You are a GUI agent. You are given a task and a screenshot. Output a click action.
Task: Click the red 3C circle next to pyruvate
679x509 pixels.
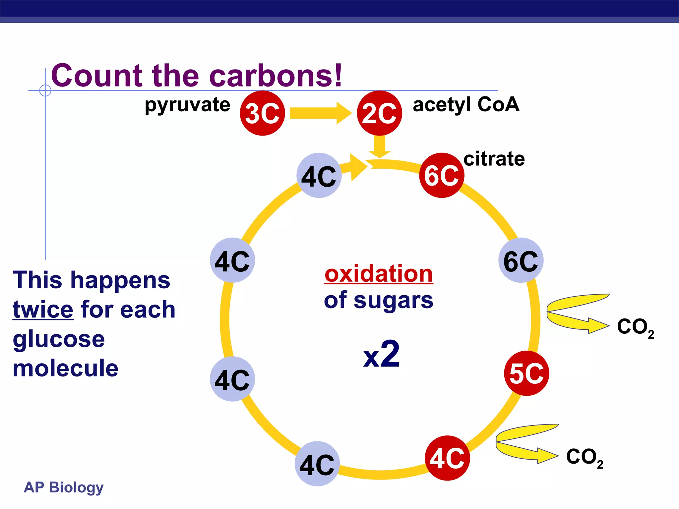[x=262, y=113]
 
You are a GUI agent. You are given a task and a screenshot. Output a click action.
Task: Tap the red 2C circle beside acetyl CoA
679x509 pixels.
[x=379, y=113]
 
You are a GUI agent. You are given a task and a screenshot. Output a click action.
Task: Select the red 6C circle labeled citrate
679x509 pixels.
[x=442, y=175]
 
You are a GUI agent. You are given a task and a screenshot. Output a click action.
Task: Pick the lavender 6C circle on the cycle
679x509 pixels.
[x=521, y=260]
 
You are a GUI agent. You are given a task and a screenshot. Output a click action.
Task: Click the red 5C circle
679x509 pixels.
[x=526, y=373]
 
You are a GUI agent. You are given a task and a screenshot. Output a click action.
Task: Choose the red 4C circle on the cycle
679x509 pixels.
[x=447, y=458]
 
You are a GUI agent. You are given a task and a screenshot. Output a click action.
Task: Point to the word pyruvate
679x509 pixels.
[x=187, y=105]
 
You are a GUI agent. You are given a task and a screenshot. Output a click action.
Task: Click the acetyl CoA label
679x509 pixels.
[x=466, y=104]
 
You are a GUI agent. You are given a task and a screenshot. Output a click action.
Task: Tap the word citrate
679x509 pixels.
[x=494, y=159]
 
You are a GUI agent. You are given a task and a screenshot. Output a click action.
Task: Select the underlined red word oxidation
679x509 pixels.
[x=379, y=274]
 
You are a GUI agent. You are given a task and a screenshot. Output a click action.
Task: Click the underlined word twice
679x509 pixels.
[x=43, y=310]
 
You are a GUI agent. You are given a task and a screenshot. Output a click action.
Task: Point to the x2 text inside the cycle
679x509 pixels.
[x=381, y=355]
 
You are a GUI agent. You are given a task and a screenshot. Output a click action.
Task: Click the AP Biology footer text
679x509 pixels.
[x=64, y=487]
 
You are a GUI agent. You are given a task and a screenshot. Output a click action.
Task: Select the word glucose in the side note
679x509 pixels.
[x=59, y=339]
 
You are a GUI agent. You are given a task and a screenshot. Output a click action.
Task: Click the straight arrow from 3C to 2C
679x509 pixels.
[x=320, y=113]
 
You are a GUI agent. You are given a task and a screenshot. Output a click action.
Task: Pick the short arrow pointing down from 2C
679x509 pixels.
[x=380, y=146]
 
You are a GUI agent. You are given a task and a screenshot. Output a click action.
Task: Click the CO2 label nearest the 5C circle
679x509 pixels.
[x=635, y=327]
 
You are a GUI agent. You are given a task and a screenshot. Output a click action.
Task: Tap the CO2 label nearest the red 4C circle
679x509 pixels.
[x=584, y=457]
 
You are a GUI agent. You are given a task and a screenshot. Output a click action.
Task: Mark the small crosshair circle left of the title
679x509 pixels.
[x=45, y=90]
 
